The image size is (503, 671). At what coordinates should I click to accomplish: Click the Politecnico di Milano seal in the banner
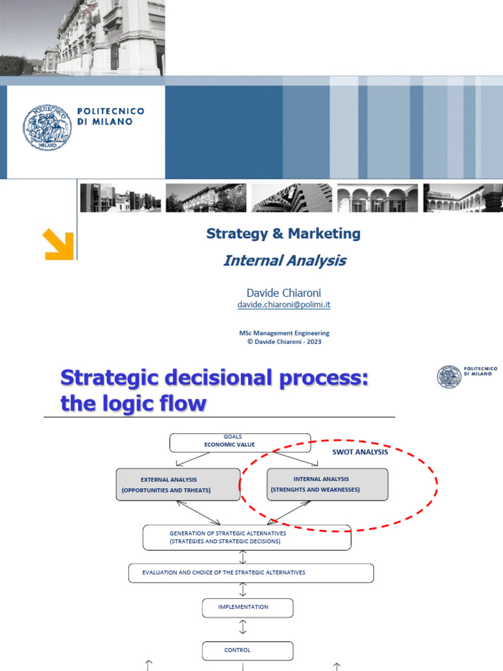(x=47, y=127)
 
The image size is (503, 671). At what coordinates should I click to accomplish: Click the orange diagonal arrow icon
(x=58, y=244)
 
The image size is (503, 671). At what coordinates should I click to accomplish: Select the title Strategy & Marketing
(x=283, y=233)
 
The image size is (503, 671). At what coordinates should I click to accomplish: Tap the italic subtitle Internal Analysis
(x=284, y=261)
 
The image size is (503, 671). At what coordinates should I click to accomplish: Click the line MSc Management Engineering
(x=284, y=333)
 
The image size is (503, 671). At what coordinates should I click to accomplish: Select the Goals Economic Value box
(x=240, y=443)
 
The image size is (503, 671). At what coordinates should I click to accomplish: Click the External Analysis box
(x=177, y=484)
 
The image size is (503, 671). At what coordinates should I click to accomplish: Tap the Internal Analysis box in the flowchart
(x=327, y=484)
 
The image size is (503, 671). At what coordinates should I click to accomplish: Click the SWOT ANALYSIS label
(x=360, y=452)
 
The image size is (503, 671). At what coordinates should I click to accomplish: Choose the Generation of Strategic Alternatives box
(x=246, y=537)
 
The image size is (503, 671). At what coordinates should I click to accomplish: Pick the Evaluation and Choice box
(x=250, y=573)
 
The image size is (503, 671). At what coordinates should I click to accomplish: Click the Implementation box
(x=243, y=607)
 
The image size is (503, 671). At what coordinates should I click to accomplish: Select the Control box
(x=247, y=651)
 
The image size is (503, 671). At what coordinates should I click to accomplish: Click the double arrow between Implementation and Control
(x=243, y=628)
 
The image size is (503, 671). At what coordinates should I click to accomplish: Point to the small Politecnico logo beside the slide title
(x=449, y=376)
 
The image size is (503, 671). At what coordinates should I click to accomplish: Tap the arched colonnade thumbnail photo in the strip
(x=377, y=198)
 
